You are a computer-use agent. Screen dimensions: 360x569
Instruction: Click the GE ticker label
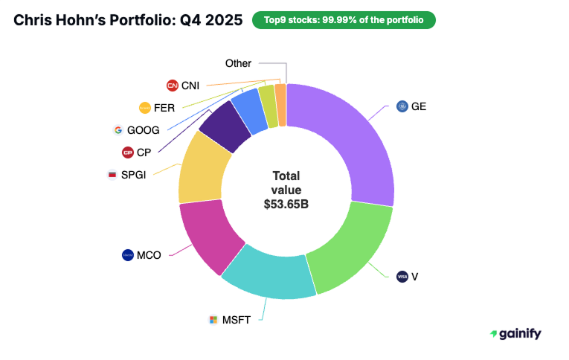click(419, 106)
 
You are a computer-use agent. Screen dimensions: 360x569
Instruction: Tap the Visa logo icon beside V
click(402, 276)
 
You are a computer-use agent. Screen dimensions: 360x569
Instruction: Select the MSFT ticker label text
click(237, 320)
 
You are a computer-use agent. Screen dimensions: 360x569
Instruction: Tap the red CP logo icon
click(127, 152)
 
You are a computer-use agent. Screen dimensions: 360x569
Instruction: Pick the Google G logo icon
click(118, 130)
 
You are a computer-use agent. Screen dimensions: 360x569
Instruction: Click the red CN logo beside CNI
click(173, 86)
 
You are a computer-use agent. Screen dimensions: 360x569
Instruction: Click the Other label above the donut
click(238, 63)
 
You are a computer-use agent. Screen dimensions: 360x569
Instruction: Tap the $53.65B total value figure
click(286, 204)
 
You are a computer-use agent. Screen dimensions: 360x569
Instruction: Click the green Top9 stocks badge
click(344, 20)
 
